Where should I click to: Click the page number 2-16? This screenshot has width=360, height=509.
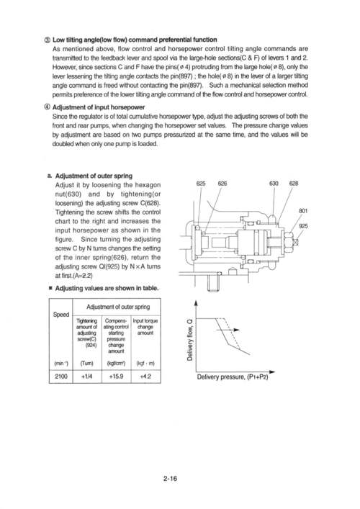(x=171, y=478)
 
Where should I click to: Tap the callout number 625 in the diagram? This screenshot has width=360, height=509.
(x=201, y=184)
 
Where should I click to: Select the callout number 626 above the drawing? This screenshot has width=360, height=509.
(x=222, y=184)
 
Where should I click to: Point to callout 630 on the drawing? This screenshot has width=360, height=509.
(x=274, y=184)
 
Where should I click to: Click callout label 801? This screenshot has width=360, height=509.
(x=303, y=211)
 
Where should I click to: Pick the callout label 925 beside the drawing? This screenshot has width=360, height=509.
(x=303, y=226)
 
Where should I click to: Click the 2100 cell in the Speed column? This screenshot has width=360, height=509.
(x=61, y=377)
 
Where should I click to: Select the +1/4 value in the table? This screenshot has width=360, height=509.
(x=87, y=377)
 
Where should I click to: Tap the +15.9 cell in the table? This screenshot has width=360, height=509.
(x=116, y=377)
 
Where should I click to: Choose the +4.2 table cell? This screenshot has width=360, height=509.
(x=145, y=377)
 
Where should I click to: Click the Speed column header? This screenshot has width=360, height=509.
(x=61, y=314)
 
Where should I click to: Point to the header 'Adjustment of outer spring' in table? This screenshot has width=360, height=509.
(x=118, y=307)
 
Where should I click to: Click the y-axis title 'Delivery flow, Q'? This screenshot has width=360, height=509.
(x=190, y=340)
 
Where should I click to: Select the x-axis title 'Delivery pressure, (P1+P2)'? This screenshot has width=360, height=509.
(x=233, y=377)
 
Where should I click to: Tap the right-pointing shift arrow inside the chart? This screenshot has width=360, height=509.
(x=231, y=330)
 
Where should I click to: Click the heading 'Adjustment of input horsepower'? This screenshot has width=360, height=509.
(x=99, y=107)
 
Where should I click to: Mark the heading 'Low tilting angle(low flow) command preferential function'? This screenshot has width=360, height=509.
(x=135, y=40)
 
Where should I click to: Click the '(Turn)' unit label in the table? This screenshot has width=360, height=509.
(x=86, y=363)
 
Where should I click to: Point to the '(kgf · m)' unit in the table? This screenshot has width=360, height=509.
(x=145, y=363)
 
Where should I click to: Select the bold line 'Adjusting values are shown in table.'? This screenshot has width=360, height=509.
(x=107, y=288)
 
